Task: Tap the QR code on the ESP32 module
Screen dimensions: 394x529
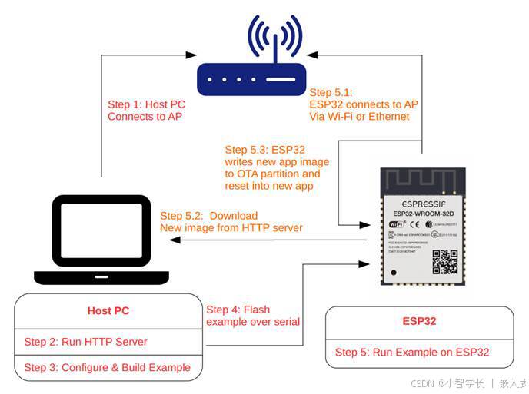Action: tap(444, 261)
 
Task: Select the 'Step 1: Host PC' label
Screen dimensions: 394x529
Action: tap(147, 104)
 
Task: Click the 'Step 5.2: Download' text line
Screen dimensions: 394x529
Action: tap(208, 216)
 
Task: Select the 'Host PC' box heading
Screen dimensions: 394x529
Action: tap(108, 311)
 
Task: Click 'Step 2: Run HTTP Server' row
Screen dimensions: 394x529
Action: tap(85, 342)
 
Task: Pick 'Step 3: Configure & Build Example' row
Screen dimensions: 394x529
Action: tap(107, 367)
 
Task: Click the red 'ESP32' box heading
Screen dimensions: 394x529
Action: tap(419, 321)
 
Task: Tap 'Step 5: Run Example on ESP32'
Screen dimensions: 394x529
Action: tap(412, 353)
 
